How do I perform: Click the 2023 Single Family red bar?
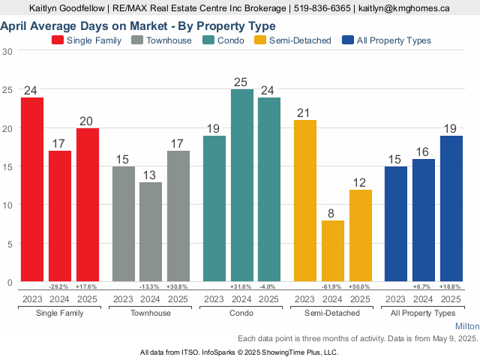[32, 190]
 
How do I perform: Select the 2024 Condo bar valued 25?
[241, 185]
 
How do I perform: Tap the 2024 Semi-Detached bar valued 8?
[332, 251]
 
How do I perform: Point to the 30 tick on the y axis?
[7, 51]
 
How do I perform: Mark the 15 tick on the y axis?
[7, 166]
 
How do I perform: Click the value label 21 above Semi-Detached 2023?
[304, 113]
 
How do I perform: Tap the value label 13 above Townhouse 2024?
[151, 175]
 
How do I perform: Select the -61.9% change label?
[332, 286]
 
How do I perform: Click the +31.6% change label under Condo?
[241, 286]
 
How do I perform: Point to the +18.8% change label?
[451, 286]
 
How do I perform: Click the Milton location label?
[466, 327]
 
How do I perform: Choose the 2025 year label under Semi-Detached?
[360, 299]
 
